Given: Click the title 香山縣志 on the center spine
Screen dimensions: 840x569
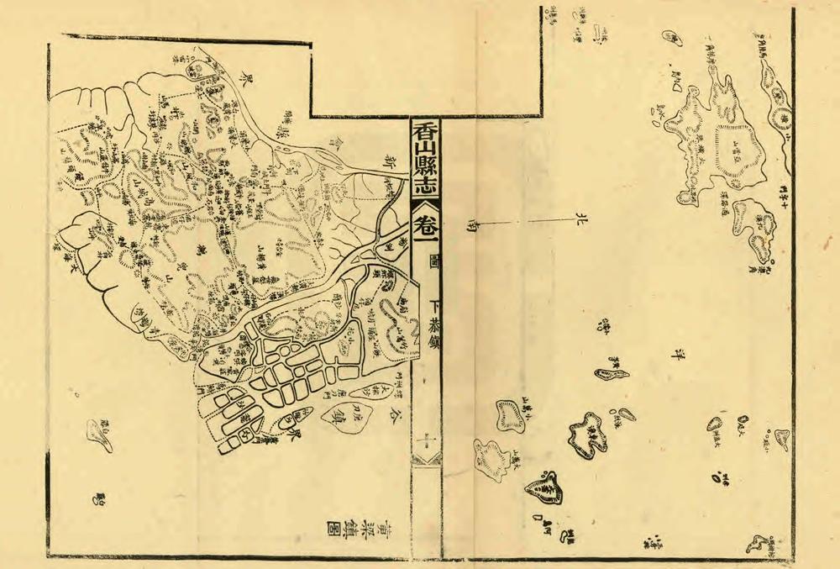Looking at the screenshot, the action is point(427,161).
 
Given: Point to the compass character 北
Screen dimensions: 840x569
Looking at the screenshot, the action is point(577,221).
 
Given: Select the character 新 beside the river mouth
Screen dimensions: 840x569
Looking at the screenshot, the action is point(389,160).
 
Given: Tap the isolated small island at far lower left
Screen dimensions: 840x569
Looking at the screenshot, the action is point(98,434).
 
